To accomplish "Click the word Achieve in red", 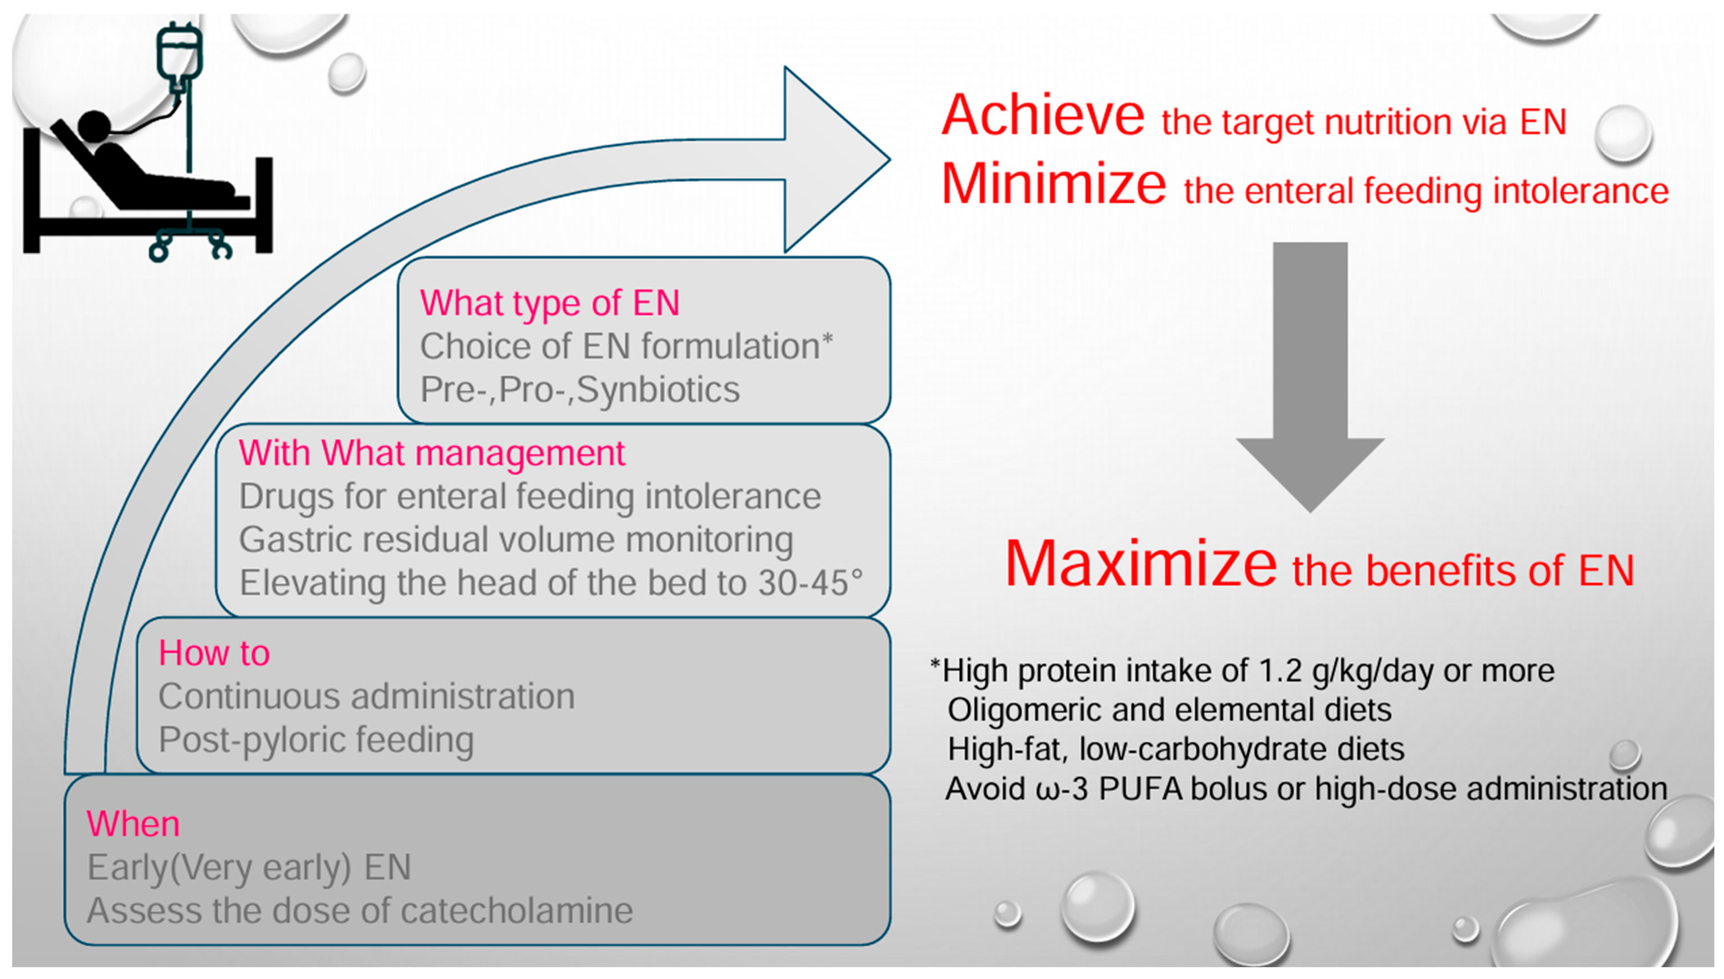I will tap(1042, 116).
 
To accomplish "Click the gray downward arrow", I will tap(1310, 376).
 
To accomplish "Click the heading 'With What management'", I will tap(431, 453).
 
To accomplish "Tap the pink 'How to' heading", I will tap(214, 653).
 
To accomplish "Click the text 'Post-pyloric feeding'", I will tap(316, 740).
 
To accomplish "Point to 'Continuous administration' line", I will tap(366, 696).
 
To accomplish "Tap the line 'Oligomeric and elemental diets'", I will tap(1169, 710).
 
